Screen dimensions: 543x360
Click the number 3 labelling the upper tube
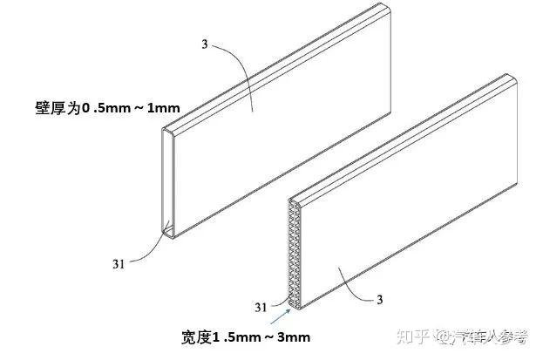[x=205, y=44]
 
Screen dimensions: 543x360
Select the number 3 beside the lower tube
[x=380, y=300]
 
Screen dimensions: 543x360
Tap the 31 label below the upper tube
[x=119, y=264]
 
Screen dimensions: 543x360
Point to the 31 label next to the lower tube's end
[x=261, y=308]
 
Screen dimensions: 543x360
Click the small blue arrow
[x=281, y=316]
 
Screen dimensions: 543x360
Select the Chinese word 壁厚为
[x=58, y=108]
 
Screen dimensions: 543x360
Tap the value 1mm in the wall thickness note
[x=164, y=108]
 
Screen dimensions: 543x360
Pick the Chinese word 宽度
[x=196, y=337]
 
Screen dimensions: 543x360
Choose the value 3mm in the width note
[x=294, y=337]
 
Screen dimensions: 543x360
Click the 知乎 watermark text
[x=414, y=336]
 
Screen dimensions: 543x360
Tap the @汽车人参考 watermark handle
[x=482, y=336]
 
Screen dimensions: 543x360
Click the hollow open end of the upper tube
[x=168, y=183]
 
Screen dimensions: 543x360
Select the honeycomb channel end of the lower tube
[x=295, y=254]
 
